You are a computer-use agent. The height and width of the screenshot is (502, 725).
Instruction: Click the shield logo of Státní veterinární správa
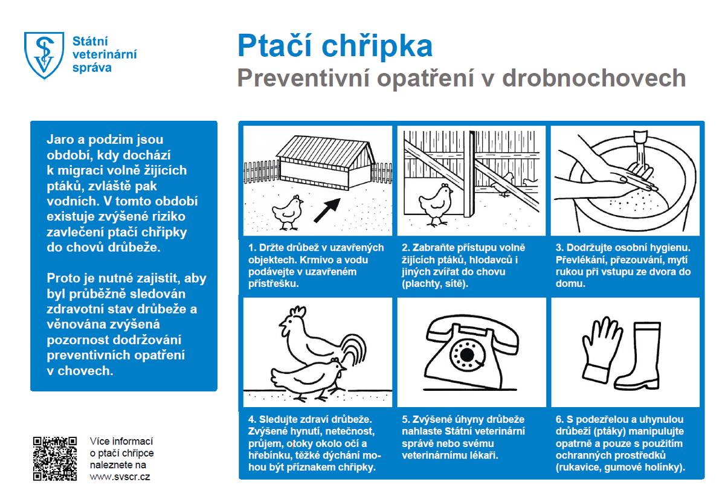pyautogui.click(x=43, y=55)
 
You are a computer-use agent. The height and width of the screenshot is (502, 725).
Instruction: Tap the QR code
pyautogui.click(x=55, y=459)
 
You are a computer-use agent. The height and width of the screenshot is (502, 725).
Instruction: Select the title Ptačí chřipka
pyautogui.click(x=335, y=46)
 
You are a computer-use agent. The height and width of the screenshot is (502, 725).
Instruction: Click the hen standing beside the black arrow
pyautogui.click(x=287, y=210)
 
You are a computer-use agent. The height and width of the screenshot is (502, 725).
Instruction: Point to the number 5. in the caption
pyautogui.click(x=406, y=419)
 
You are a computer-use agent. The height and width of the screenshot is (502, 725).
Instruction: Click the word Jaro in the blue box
pyautogui.click(x=59, y=140)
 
